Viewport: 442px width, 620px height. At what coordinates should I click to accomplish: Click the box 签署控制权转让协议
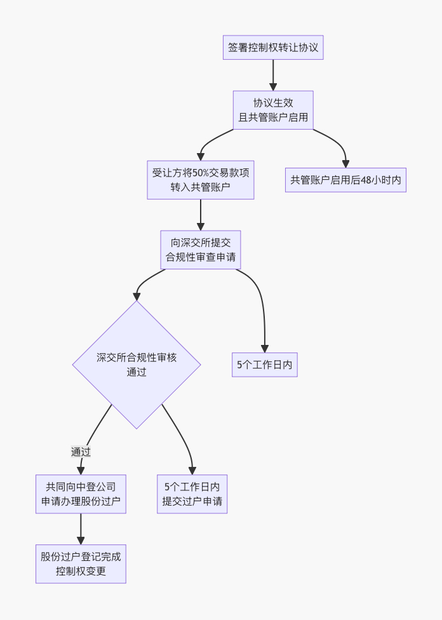pos(273,48)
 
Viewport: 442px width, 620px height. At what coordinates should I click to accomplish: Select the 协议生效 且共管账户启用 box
pos(273,110)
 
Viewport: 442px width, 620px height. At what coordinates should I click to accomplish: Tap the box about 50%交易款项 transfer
pos(200,179)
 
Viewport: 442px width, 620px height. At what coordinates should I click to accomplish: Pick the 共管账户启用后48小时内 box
pos(345,180)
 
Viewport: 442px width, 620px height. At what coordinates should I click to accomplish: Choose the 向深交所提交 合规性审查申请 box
pos(201,250)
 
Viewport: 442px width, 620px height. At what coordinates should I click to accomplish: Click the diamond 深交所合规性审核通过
pos(137,365)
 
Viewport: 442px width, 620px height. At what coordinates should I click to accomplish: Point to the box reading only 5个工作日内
pos(264,365)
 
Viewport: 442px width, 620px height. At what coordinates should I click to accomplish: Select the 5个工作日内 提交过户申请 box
pos(192,494)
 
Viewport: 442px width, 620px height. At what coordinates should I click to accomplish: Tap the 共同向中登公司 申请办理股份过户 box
pos(81,494)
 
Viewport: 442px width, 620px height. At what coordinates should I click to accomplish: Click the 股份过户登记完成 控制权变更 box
pos(81,563)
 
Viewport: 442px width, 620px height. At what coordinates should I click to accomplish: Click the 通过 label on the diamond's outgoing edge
pos(81,452)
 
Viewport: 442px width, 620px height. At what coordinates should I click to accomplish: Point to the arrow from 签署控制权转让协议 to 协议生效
pos(273,75)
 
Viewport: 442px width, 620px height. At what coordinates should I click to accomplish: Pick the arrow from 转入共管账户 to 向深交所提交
pos(201,215)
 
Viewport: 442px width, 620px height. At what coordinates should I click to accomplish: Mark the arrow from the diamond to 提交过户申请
pos(184,438)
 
